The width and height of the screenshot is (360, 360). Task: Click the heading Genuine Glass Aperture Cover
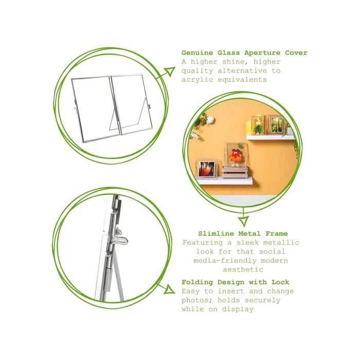244,53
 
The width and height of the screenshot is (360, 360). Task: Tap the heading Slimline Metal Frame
243,233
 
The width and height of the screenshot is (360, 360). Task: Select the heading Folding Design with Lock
236,282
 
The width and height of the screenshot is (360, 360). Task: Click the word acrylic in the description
197,80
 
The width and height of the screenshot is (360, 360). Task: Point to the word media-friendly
225,261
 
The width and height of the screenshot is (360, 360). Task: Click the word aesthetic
243,269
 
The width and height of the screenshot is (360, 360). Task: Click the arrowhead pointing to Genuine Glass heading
170,71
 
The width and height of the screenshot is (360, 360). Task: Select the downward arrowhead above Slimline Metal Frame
243,221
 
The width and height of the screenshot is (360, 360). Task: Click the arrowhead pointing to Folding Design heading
169,289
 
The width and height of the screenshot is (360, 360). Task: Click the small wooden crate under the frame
233,173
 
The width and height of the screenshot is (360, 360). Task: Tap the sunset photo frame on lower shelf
206,168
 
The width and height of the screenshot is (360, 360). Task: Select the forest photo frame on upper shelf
276,125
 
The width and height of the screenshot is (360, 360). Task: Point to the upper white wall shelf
270,137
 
